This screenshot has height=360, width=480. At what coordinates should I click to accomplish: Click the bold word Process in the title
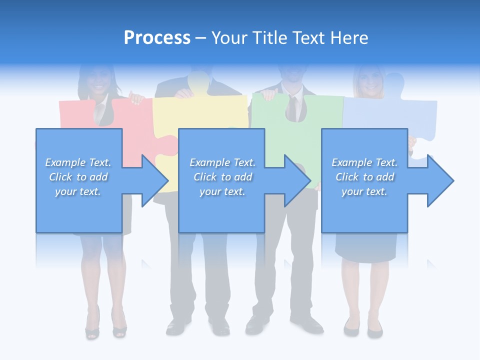tap(157, 38)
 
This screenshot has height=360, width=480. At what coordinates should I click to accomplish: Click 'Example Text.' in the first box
tap(78, 162)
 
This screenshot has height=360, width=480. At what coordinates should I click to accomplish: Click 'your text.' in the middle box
tap(222, 191)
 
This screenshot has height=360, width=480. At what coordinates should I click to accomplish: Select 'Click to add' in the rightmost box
tap(364, 177)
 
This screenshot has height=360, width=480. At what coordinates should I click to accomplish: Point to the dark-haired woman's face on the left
tap(97, 82)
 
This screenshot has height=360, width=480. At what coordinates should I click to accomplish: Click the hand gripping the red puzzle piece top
tap(135, 97)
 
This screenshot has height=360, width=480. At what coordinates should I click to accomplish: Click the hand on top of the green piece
tap(269, 94)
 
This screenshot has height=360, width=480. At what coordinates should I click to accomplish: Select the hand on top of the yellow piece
tap(184, 93)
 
